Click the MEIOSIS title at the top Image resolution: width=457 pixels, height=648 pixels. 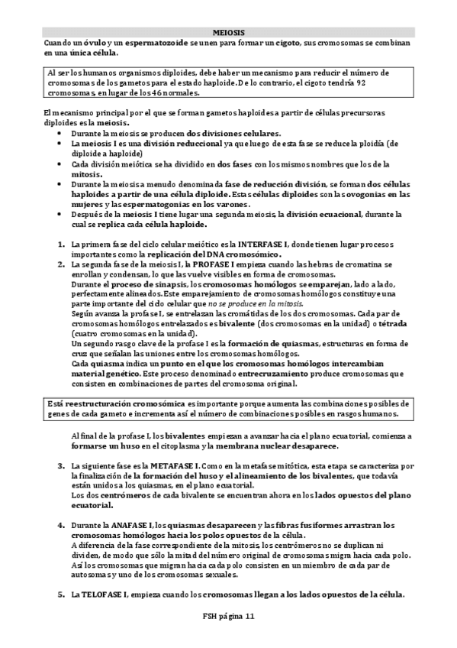click(229, 34)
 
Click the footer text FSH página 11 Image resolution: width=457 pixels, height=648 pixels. click(228, 618)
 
